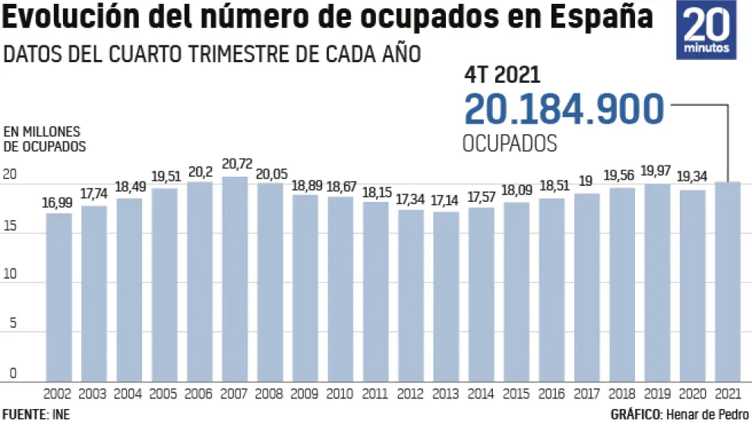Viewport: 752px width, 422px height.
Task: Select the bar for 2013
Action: pos(447,296)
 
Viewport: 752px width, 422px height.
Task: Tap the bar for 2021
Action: pos(728,281)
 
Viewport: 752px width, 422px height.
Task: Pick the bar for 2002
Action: pos(58,297)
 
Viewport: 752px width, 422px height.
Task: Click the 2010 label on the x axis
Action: pos(341,394)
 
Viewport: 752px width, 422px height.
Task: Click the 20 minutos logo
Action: pos(706,30)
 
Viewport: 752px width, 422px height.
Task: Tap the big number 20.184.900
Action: pos(564,110)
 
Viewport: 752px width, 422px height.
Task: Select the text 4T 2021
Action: pos(502,74)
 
